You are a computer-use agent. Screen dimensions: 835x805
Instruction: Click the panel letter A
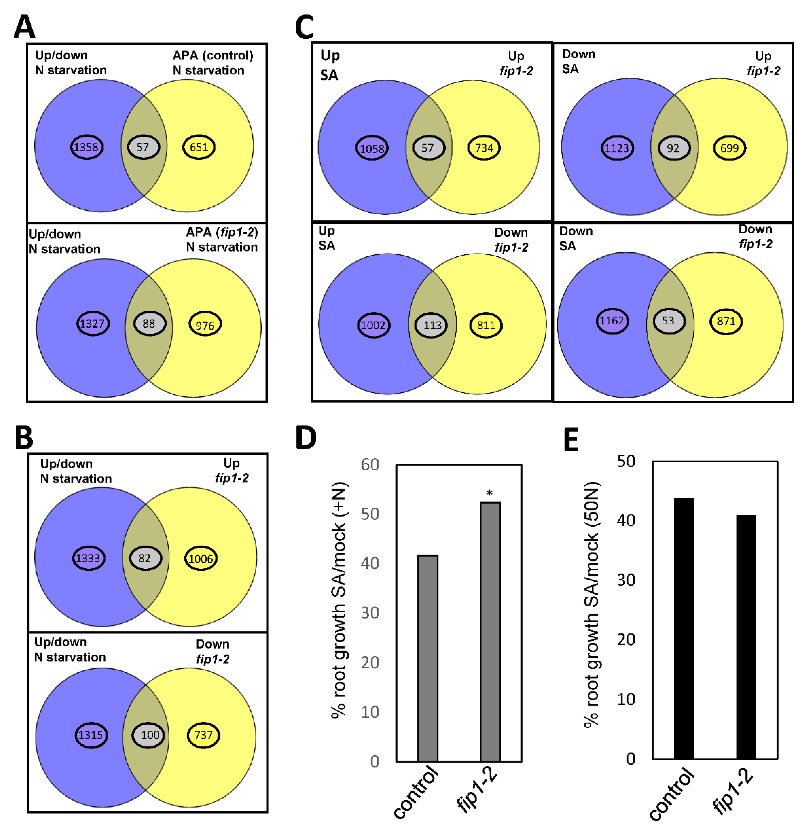(x=24, y=26)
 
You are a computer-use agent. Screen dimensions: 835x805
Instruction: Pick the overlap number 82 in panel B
(x=145, y=558)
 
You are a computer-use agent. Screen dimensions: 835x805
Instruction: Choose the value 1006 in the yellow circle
(x=201, y=558)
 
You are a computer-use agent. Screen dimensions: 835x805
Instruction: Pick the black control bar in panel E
(x=684, y=629)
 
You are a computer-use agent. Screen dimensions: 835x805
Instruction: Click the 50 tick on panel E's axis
(x=626, y=461)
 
